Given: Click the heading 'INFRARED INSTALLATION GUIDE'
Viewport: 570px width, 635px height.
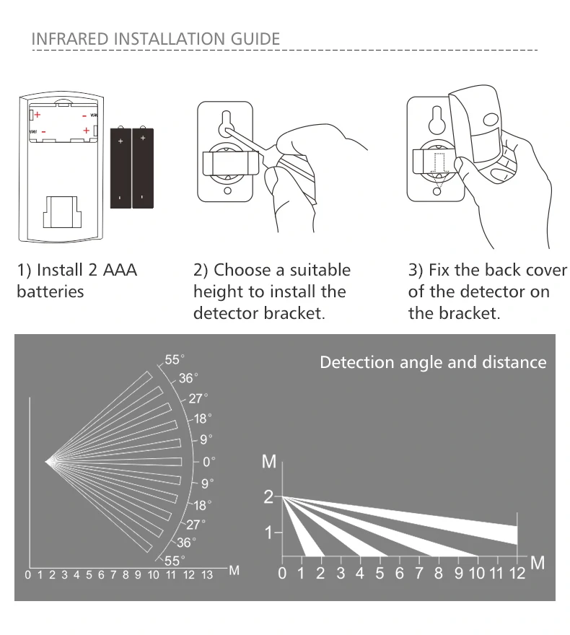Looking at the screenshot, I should click(155, 38).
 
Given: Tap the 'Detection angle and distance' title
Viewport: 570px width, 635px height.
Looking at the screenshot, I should click(433, 362).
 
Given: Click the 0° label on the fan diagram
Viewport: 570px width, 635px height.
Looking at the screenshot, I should click(209, 461).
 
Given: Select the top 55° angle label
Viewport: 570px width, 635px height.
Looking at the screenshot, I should click(175, 359).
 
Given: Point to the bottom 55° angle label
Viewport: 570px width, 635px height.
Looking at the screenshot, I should click(175, 560).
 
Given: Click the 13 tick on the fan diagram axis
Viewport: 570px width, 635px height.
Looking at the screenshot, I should click(207, 575).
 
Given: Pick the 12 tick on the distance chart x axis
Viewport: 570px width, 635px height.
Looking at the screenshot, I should click(517, 574).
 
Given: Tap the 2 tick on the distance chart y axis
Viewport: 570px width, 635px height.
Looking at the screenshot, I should click(269, 496).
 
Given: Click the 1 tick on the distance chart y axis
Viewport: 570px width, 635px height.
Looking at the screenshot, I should click(269, 533).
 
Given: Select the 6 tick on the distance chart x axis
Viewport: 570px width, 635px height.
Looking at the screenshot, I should click(399, 574).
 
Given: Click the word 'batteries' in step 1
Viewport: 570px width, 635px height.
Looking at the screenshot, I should click(50, 292).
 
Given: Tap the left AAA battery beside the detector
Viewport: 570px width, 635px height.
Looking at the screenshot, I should click(120, 168).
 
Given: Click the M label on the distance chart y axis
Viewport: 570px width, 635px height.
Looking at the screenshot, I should click(269, 462).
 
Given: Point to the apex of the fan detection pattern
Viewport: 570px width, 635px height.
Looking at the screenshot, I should click(48, 461).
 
